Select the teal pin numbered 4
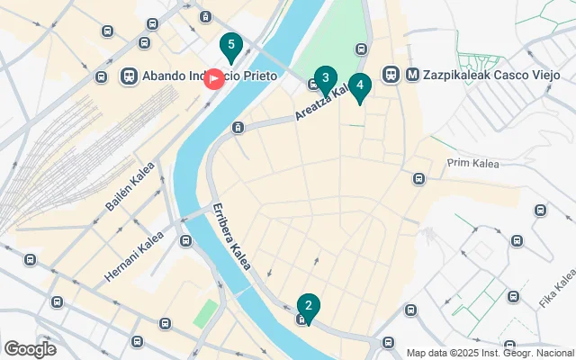coord(360,87)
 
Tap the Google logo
coord(30,348)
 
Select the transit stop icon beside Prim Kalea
coord(418,178)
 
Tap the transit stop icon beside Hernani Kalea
coord(185,241)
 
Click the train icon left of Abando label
coord(129,76)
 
